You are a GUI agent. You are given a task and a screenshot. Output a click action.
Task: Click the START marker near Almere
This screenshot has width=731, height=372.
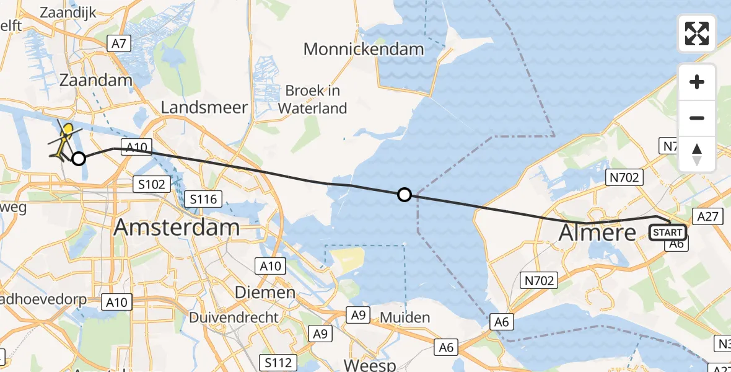point(667,232)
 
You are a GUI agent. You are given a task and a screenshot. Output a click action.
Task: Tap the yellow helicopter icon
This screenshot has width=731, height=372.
point(64,139)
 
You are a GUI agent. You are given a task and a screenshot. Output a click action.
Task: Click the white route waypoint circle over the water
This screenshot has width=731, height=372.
point(404,195)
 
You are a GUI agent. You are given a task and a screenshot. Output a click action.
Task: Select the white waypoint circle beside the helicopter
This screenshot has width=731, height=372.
point(79,159)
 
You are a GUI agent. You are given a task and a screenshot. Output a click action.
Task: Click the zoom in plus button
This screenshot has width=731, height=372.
point(697,82)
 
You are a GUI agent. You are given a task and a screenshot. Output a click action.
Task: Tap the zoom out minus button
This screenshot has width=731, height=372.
point(697,118)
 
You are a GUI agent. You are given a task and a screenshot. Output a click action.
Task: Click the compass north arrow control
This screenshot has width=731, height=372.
point(697,154)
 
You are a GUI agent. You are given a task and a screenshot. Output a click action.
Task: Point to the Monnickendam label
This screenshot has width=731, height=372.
point(364,49)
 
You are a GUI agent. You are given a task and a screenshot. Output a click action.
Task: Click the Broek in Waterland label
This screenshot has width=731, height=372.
point(312,99)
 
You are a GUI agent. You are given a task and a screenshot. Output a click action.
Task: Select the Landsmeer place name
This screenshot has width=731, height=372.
point(204,107)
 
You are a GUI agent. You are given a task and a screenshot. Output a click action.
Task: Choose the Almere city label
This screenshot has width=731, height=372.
point(597,232)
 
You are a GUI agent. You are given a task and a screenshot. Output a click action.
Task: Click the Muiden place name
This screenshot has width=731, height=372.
point(405,317)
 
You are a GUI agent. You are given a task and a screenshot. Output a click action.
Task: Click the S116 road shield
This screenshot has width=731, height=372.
point(204,199)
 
